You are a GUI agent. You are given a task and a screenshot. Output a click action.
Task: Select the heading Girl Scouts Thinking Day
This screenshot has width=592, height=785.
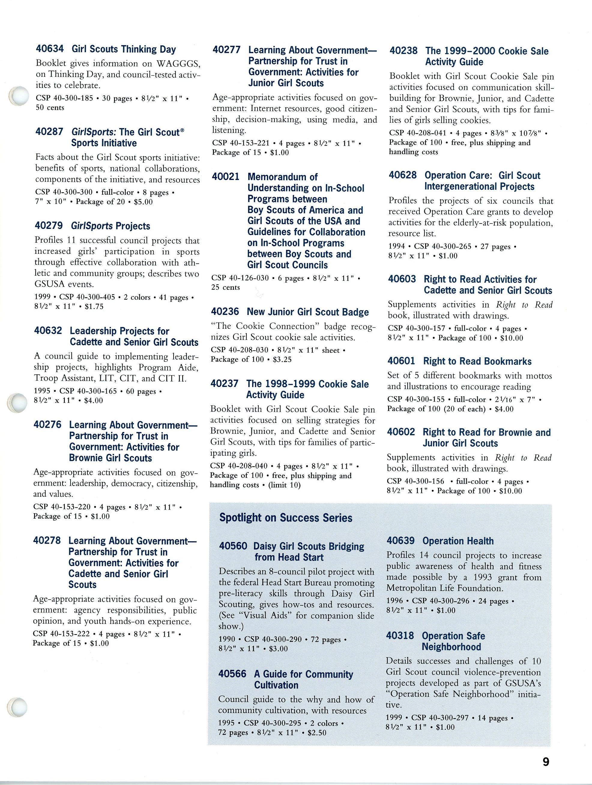pyautogui.click(x=124, y=49)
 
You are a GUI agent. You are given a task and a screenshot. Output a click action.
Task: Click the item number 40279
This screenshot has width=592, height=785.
pyautogui.click(x=49, y=225)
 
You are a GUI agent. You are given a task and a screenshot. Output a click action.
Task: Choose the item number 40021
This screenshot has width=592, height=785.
pyautogui.click(x=226, y=176)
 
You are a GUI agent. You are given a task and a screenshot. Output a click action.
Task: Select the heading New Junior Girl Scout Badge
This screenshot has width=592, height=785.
pyautogui.click(x=307, y=312)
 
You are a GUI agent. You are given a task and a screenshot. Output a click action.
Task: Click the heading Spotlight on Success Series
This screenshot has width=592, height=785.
pyautogui.click(x=286, y=518)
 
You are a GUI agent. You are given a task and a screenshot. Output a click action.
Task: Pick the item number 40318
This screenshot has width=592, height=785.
pyautogui.click(x=400, y=635)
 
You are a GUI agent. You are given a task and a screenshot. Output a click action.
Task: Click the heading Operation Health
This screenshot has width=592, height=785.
pyautogui.click(x=458, y=541)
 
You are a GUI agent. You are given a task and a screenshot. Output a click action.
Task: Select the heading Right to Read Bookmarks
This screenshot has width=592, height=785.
pyautogui.click(x=477, y=361)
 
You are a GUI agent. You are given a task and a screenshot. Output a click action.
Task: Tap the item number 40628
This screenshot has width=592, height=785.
pyautogui.click(x=403, y=175)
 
